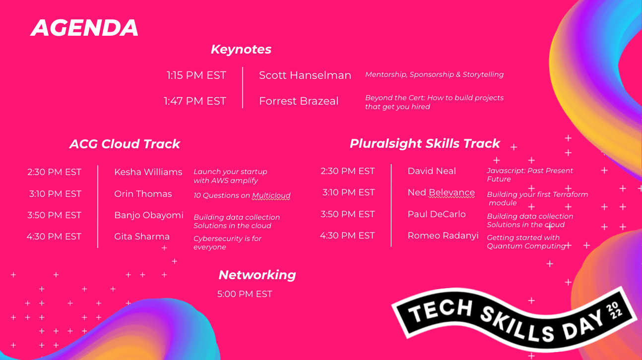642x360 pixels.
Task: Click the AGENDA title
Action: coord(84,28)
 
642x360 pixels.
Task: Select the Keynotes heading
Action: coord(241,49)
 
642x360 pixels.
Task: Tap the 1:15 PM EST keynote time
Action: coord(196,75)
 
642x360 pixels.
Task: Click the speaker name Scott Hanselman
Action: coord(305,75)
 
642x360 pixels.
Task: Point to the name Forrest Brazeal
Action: coord(299,101)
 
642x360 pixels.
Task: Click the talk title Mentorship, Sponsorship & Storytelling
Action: coord(434,74)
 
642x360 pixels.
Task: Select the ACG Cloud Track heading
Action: coord(125,144)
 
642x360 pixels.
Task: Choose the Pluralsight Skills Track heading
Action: coord(425,143)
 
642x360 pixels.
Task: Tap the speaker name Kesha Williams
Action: coord(148,172)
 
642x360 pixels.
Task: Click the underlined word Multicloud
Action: coord(271,195)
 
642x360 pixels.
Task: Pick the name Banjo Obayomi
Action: coord(149,215)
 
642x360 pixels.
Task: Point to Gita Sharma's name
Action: coord(142,237)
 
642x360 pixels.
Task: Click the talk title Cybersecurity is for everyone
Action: coord(227,242)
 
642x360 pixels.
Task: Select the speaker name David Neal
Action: coord(432,171)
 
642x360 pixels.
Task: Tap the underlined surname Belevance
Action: coord(451,192)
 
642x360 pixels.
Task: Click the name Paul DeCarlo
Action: coord(437,214)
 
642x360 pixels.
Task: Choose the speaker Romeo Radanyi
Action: coord(443,236)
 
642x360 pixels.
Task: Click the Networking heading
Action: coord(257,275)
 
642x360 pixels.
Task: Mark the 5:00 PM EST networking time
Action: coord(245,294)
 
